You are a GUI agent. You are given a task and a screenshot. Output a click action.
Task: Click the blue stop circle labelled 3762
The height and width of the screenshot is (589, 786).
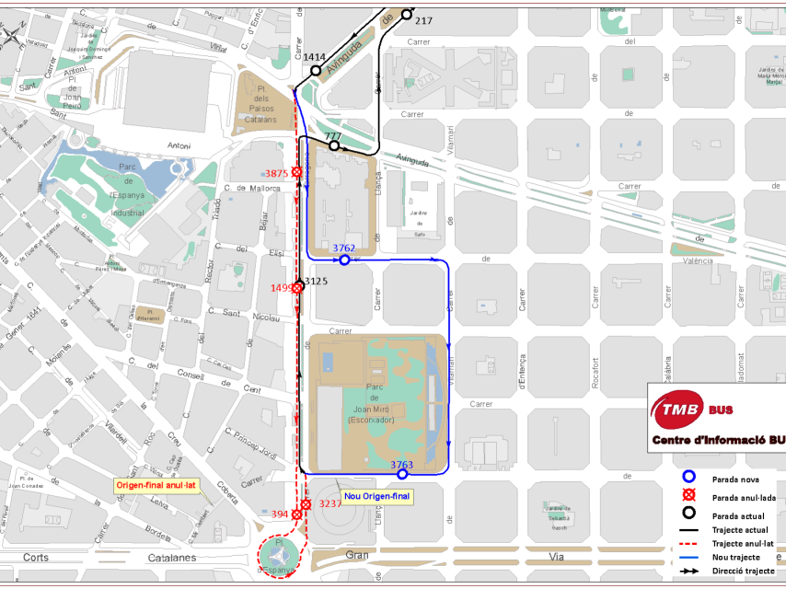[x=344, y=260]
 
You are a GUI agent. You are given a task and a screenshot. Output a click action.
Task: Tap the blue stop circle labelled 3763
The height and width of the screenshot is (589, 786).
[x=402, y=475]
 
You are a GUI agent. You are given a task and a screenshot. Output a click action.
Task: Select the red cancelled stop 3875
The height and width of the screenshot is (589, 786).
[x=297, y=172]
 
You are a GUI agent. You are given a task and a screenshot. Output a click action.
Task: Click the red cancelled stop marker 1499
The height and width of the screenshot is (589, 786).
[x=298, y=288]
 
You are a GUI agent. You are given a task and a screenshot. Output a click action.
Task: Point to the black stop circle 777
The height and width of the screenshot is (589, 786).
[x=334, y=145]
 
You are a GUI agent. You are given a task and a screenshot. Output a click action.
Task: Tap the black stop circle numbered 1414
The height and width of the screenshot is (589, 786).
[x=316, y=70]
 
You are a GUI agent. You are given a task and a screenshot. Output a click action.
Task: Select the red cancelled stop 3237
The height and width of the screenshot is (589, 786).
[x=306, y=504]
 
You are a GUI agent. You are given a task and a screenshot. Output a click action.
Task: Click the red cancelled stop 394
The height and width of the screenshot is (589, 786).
[x=296, y=514]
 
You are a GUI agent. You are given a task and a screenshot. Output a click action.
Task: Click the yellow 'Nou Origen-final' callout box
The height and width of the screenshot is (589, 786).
[x=376, y=496]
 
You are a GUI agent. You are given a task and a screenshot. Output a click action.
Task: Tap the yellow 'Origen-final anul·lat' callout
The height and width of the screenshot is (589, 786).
[x=156, y=485]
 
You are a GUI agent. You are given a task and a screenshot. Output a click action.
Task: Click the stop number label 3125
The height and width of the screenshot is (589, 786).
[x=316, y=280]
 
